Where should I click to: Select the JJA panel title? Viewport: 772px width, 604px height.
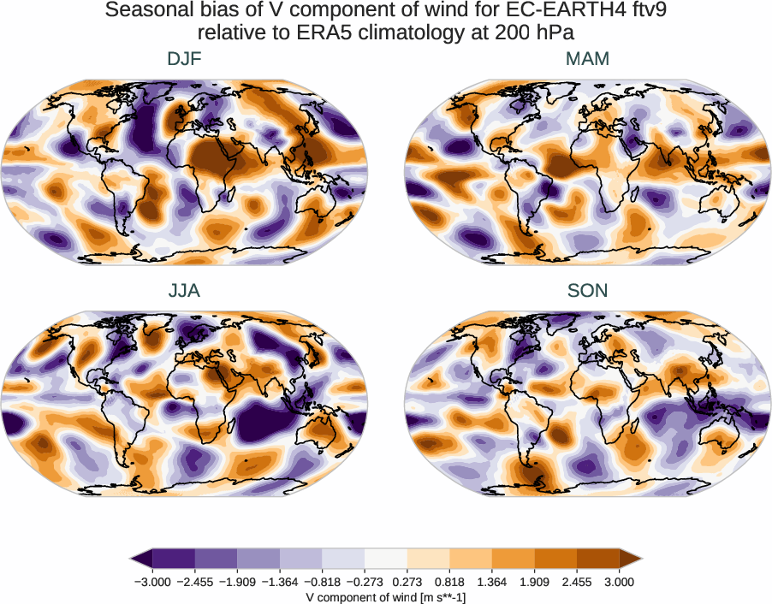[x=185, y=291]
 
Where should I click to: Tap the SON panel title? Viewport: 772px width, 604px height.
[x=587, y=291]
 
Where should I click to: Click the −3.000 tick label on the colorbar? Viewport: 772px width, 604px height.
[x=151, y=581]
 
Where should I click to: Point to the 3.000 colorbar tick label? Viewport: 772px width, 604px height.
[x=619, y=581]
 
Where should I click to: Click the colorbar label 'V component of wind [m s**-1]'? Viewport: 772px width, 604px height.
[x=385, y=596]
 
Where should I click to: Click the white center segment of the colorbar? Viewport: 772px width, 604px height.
[x=385, y=559]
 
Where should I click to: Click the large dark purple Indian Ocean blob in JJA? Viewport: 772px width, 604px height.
[x=270, y=421]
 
